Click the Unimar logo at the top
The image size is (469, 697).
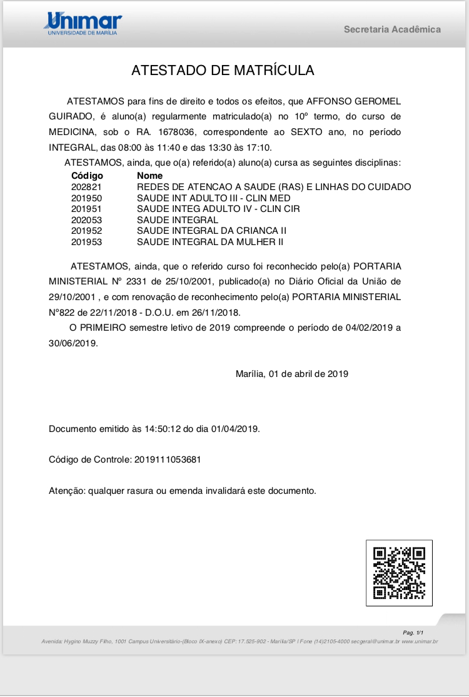(83, 23)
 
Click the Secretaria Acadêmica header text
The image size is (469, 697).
(392, 29)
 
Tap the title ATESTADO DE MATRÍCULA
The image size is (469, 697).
(223, 70)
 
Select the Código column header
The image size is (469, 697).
(87, 176)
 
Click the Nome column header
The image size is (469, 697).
(149, 176)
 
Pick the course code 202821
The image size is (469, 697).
(86, 187)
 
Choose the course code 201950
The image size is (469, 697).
(86, 198)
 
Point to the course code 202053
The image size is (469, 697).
(86, 220)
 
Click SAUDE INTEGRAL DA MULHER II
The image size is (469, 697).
(210, 241)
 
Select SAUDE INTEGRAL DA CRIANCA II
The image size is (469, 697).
(211, 231)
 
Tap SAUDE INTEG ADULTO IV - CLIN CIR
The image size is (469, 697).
(218, 209)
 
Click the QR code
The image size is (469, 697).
(399, 573)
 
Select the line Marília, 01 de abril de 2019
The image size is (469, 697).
(291, 374)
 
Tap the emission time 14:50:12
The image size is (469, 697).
(163, 429)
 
